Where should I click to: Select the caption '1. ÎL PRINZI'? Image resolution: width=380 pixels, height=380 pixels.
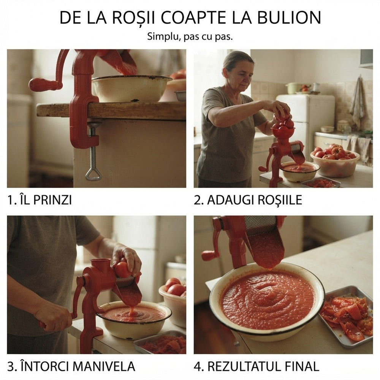coord(40,200)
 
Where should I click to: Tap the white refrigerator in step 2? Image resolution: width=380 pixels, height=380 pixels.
coord(306,121)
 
